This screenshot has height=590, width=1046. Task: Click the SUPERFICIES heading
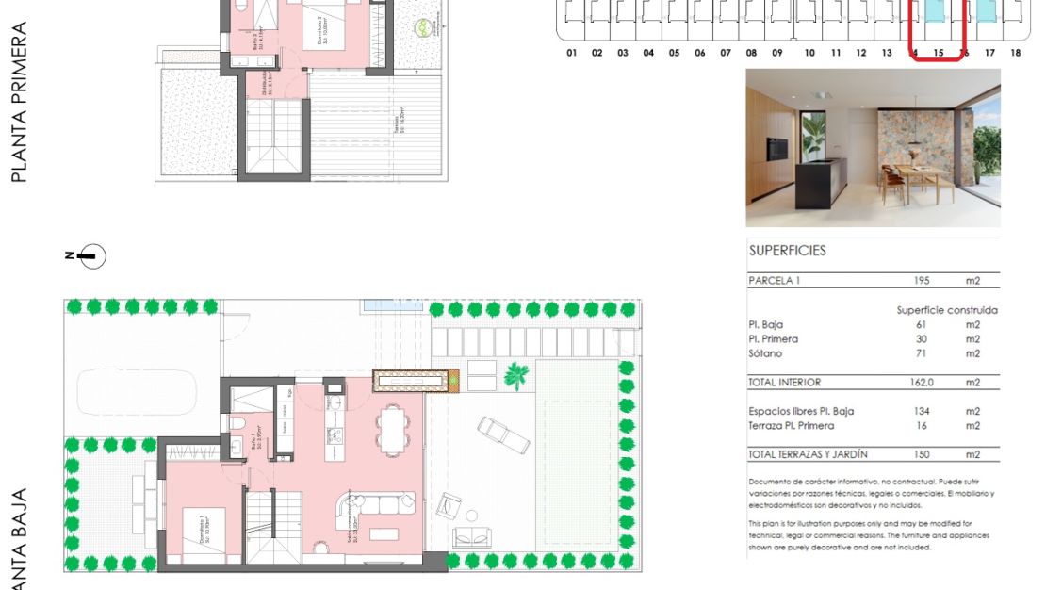coord(787,251)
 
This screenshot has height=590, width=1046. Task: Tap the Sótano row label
coord(765,353)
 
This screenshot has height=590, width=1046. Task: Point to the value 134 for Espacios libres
coord(923,411)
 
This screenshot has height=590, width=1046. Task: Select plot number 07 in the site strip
coord(726,53)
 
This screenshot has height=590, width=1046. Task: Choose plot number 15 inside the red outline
coord(938,53)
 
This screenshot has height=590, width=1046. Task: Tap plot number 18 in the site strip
coord(1015,53)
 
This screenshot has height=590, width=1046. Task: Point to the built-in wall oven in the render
coord(777,150)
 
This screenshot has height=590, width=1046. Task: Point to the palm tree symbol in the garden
coord(516,377)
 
